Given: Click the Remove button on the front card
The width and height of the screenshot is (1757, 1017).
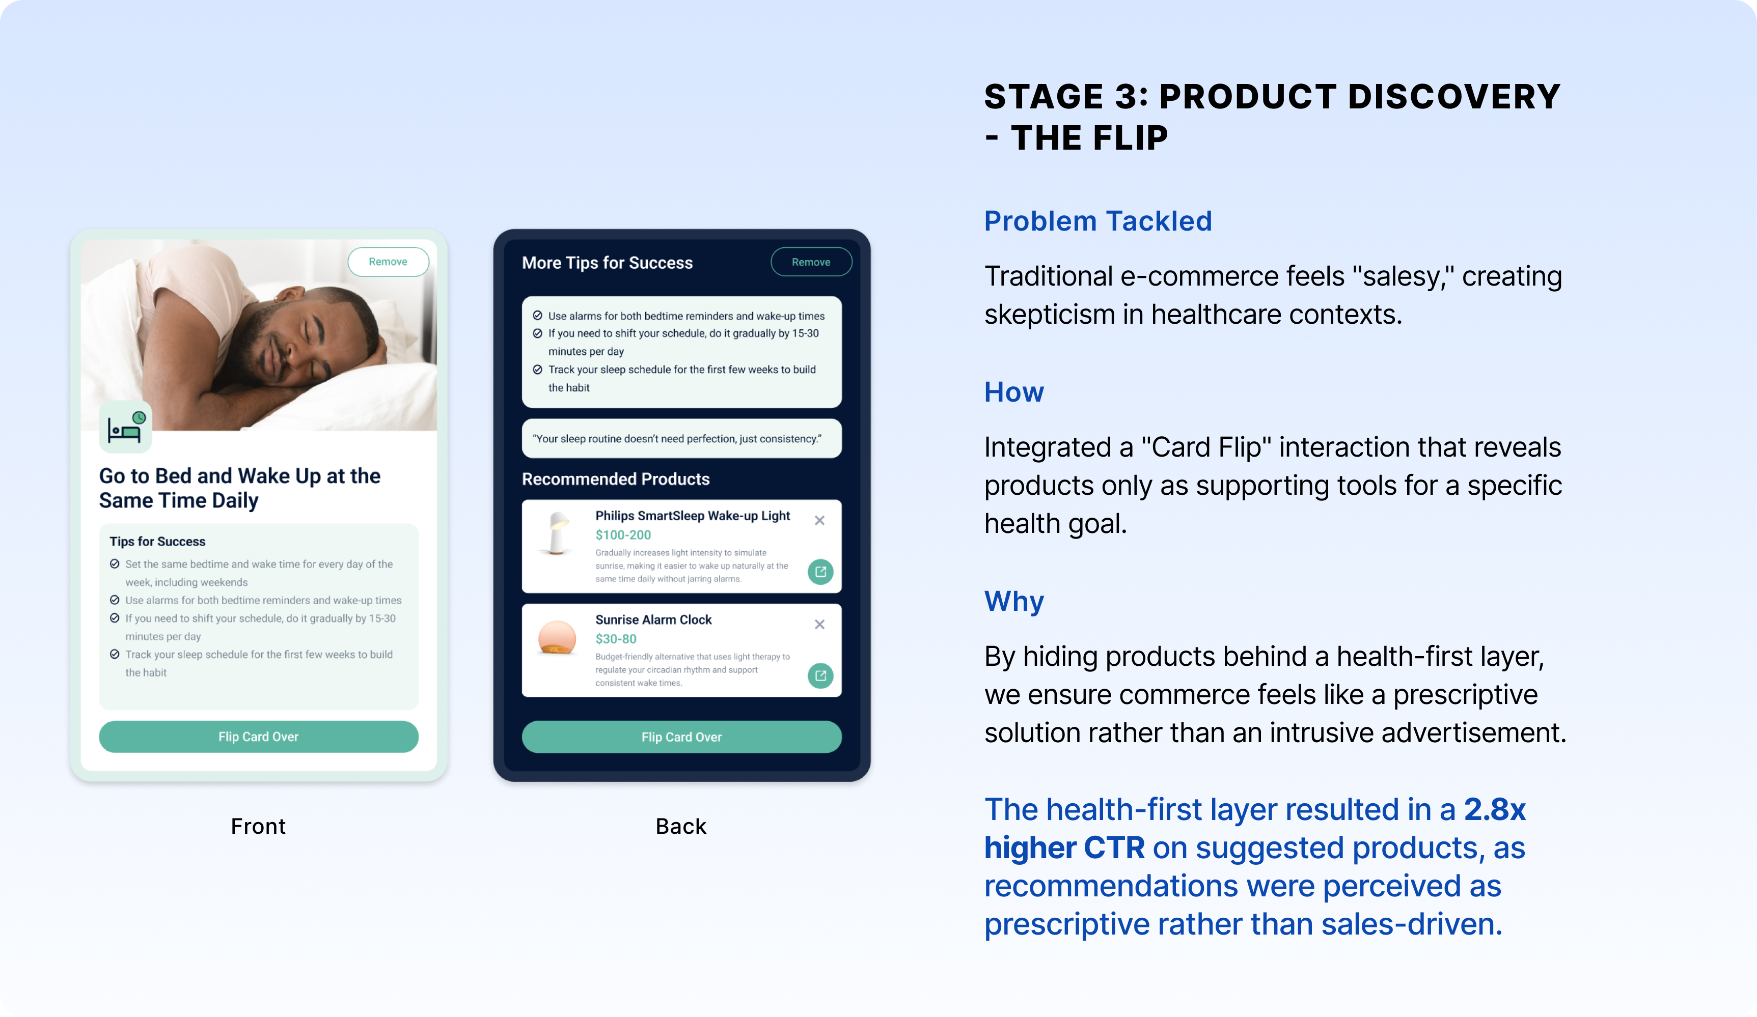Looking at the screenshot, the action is click(x=389, y=262).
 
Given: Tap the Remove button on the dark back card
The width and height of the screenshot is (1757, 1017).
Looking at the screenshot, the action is click(x=811, y=262).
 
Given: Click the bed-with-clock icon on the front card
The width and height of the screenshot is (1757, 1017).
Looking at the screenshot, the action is click(x=125, y=427).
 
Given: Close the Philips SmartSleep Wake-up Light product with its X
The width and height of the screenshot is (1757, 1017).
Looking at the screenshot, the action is click(x=820, y=521).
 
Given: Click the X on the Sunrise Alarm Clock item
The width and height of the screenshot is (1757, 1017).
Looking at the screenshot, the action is click(x=820, y=625).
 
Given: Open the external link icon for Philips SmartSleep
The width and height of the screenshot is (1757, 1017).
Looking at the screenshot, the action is click(x=820, y=572).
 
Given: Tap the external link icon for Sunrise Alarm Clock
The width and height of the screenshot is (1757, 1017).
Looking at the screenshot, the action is click(x=820, y=675).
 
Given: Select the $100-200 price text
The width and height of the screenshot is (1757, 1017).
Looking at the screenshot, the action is click(x=623, y=534).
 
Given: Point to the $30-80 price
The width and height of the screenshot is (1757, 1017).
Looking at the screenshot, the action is click(x=616, y=638).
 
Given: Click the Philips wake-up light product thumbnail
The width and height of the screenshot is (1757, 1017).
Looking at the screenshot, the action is click(x=557, y=533).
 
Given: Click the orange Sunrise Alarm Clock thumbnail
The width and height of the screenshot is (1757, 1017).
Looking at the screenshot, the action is click(x=557, y=638).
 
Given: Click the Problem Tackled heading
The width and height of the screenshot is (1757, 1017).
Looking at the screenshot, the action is click(x=1098, y=221).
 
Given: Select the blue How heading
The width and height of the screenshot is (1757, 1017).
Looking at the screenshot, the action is click(x=1014, y=392).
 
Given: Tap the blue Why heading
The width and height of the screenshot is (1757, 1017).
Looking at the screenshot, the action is click(x=1014, y=602).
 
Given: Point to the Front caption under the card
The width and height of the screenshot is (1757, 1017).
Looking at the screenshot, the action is click(x=258, y=826).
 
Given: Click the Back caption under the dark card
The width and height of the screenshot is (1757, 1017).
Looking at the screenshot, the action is click(x=681, y=826).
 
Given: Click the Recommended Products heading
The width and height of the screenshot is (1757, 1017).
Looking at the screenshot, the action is click(x=616, y=479).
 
